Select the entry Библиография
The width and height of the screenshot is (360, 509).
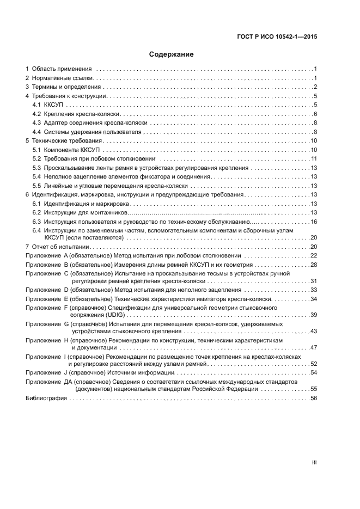pos(46,398)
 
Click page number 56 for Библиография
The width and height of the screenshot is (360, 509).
pos(314,398)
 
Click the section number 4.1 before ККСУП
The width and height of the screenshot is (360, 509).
pos(36,105)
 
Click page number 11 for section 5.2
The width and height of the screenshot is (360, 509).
pos(314,158)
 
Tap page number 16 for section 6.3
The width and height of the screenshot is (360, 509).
pos(314,222)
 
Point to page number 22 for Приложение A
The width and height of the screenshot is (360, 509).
pos(314,255)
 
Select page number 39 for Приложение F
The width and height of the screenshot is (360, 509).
pos(314,315)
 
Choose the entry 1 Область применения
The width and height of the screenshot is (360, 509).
pos(61,69)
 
